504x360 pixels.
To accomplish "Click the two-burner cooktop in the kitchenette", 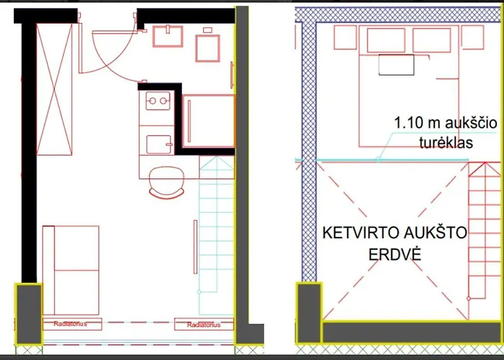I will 156,102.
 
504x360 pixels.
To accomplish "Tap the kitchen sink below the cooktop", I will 156,144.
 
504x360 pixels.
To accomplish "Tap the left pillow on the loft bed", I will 385,40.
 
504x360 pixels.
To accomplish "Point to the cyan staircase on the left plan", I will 216,230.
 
